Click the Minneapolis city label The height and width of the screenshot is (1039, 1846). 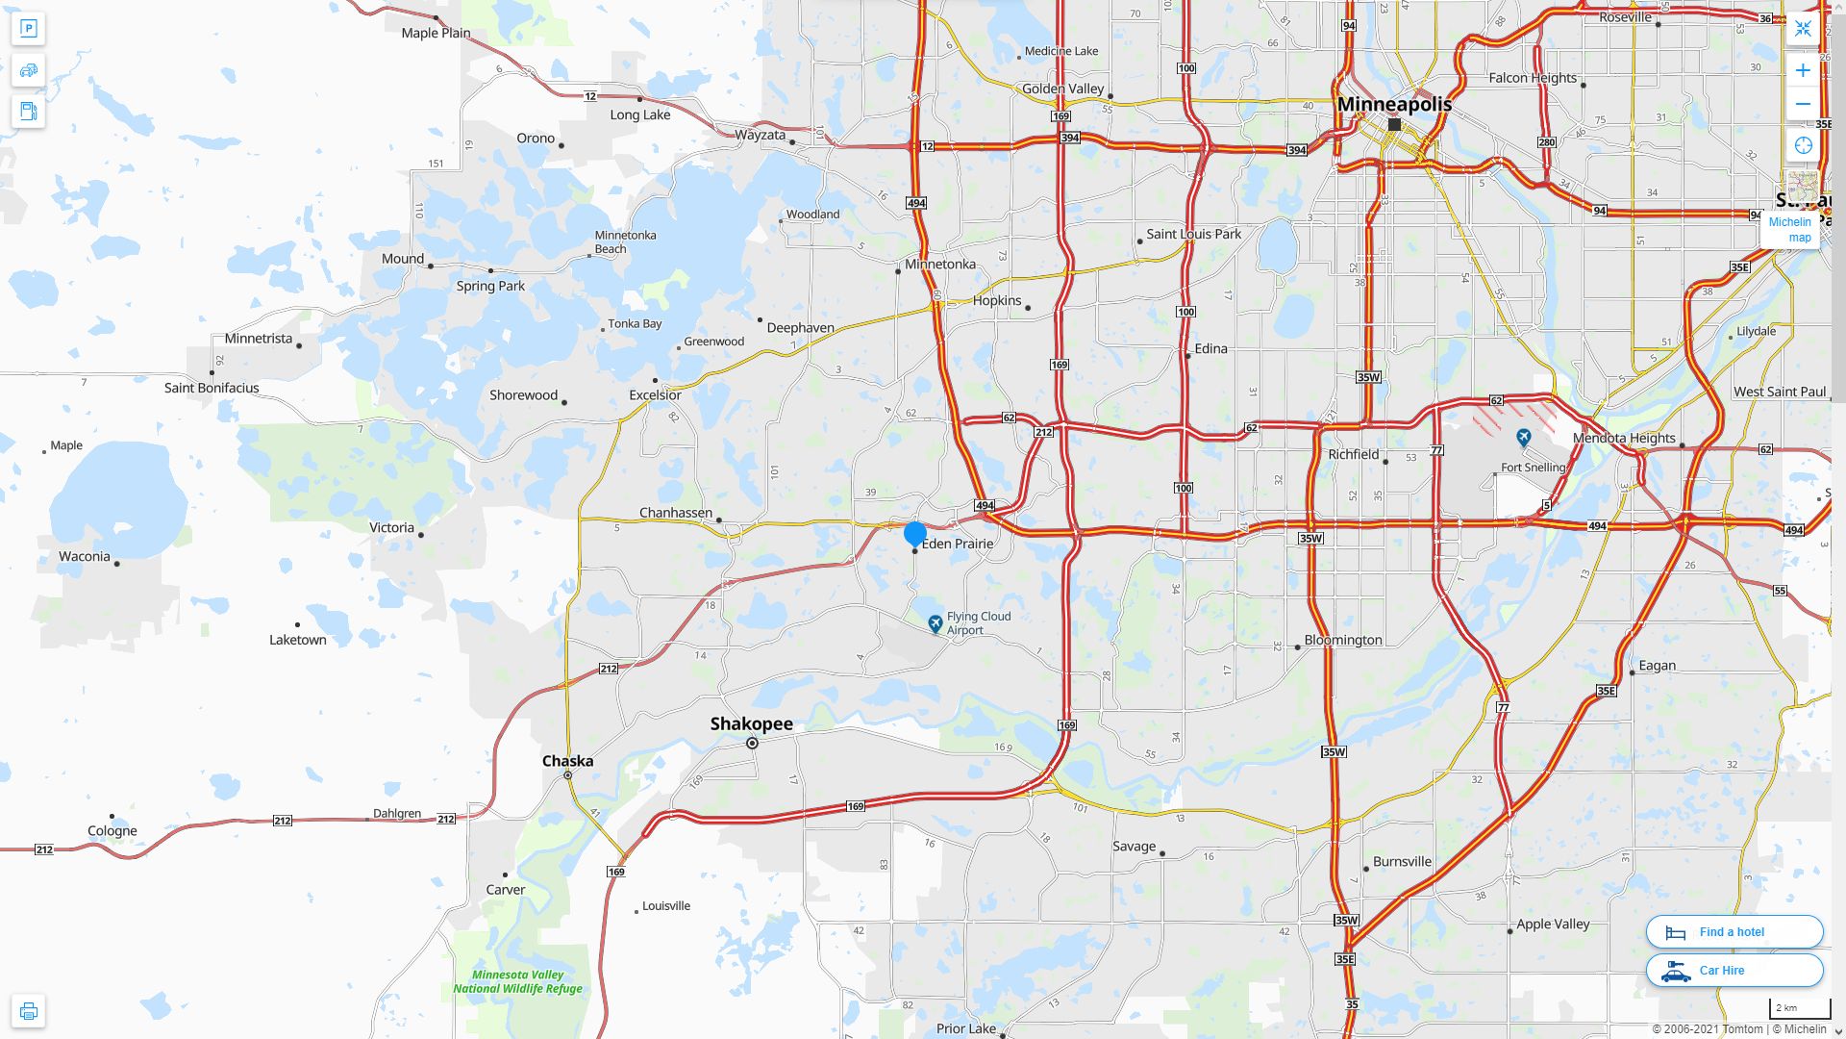1394,104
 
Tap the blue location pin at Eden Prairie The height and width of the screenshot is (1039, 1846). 915,534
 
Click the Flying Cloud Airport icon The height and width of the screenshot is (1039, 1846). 935,624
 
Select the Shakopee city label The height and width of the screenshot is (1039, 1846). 752,723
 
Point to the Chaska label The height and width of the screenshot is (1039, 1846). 567,761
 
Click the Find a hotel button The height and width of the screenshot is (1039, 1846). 1734,931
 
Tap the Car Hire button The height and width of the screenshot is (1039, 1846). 1734,970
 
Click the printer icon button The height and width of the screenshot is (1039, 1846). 29,1011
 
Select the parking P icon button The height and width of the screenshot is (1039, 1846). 29,29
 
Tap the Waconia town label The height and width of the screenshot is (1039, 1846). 85,556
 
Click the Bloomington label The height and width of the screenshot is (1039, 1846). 1343,640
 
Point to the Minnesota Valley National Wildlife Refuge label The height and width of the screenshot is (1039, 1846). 517,981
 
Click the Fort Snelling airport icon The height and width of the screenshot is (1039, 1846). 1523,439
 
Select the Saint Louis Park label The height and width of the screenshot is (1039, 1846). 1193,234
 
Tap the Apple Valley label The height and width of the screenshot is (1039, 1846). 1553,924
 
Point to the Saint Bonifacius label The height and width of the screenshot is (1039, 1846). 212,388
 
